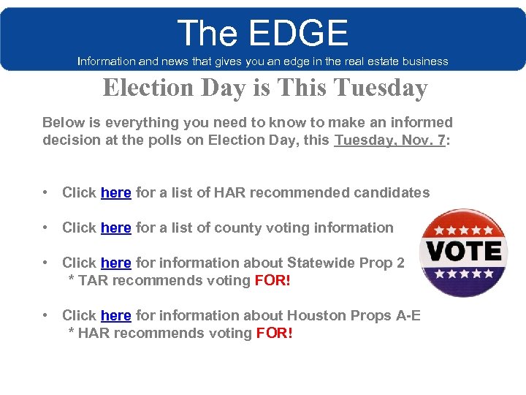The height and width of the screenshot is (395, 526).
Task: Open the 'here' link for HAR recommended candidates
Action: [x=116, y=192]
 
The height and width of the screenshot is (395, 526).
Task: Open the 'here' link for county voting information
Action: [x=116, y=227]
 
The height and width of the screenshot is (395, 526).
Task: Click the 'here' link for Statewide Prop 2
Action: [x=116, y=263]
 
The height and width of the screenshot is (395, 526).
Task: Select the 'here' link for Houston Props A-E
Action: [x=116, y=315]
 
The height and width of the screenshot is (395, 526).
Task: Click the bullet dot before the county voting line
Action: [x=46, y=227]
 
